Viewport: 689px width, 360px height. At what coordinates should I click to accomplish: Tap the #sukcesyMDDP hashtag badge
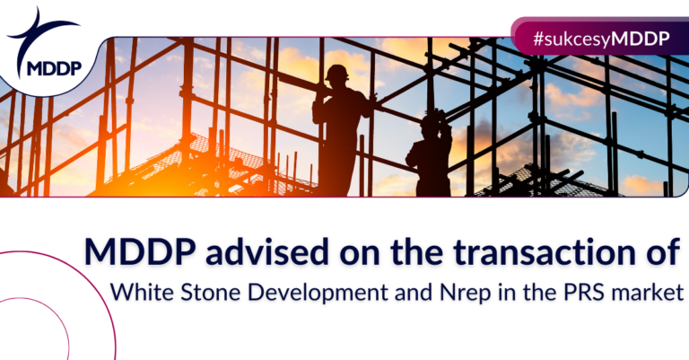[600, 39]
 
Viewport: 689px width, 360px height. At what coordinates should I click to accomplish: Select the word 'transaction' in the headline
[538, 253]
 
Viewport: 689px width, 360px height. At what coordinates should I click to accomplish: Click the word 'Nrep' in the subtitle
[465, 294]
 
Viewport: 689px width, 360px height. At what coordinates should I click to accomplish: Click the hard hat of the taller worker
[337, 72]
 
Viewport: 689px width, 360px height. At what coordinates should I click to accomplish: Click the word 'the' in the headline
[416, 252]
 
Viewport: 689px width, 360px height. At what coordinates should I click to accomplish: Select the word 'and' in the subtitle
[414, 293]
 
